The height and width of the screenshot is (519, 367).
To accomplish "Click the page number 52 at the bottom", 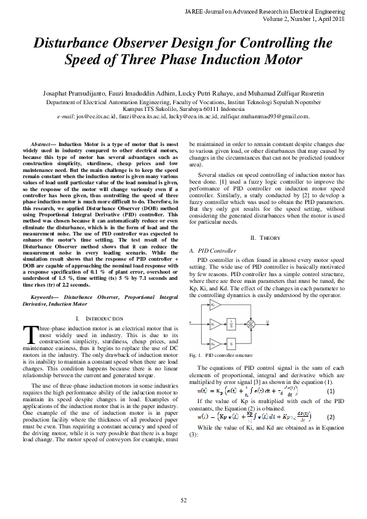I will point(183,500).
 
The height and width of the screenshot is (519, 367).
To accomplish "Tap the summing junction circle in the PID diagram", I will point(251,322).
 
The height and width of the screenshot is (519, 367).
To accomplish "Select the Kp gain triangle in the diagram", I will point(213,304).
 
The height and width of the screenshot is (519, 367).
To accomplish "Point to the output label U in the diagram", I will point(266,321).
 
